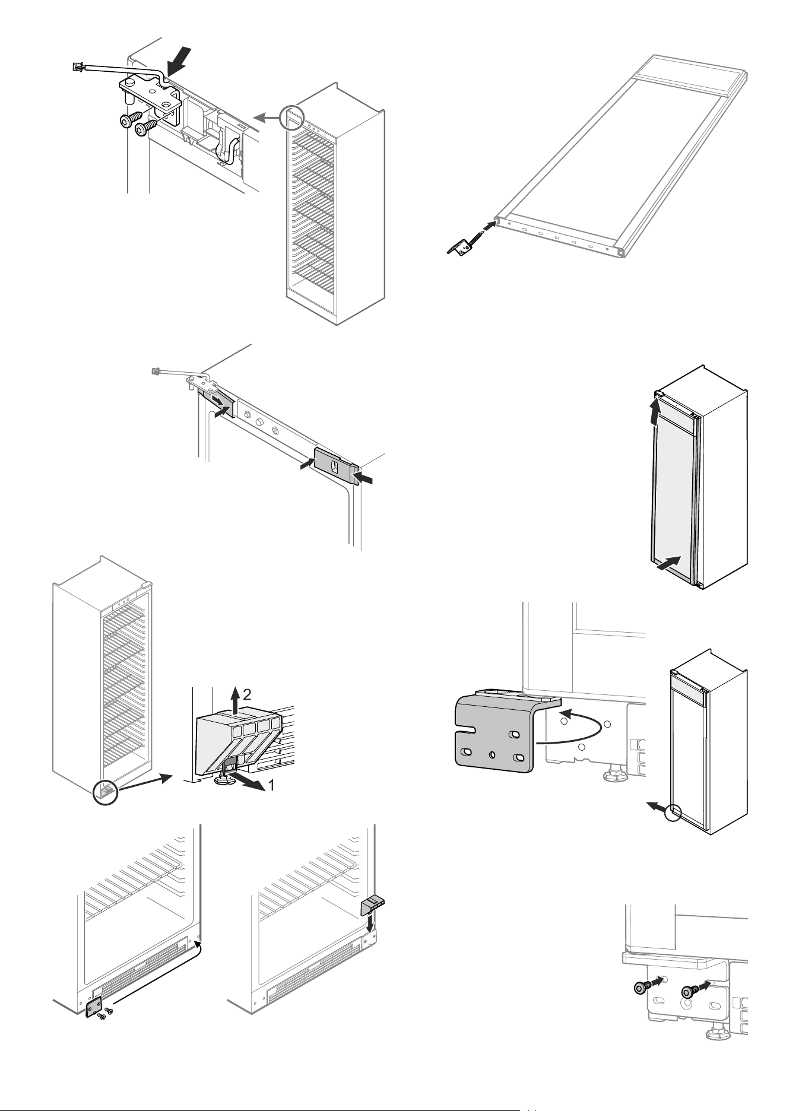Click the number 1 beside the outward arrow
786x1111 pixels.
click(271, 786)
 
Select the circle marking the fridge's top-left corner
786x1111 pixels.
click(292, 119)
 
